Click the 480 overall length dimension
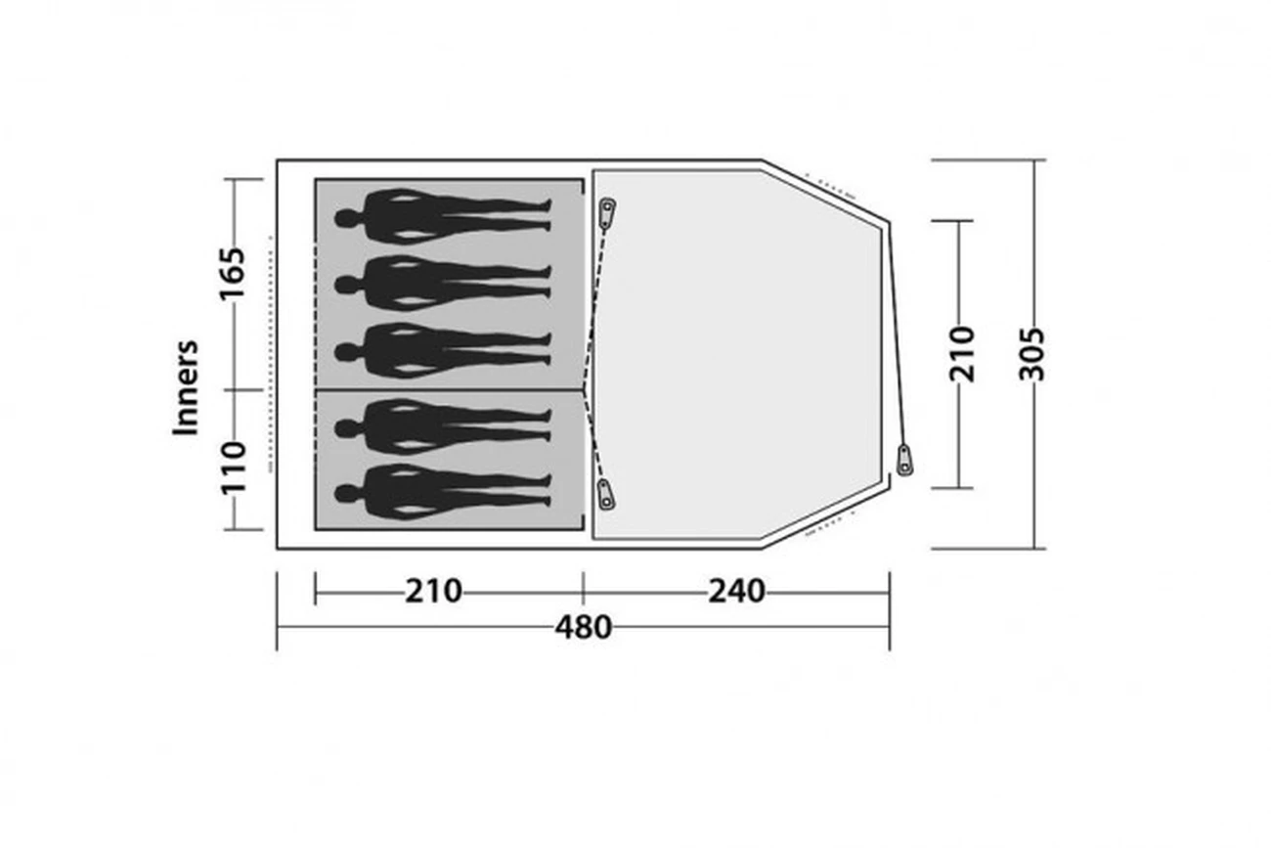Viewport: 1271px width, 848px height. (x=584, y=628)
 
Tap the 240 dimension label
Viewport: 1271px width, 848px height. (x=736, y=592)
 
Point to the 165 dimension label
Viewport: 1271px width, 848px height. (x=233, y=274)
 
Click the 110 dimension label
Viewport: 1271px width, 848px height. (x=234, y=468)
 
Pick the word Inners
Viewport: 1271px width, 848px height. (x=186, y=388)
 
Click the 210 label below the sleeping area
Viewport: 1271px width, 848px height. (x=433, y=592)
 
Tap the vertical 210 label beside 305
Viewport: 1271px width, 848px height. (x=962, y=354)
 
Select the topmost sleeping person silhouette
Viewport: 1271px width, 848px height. (x=443, y=217)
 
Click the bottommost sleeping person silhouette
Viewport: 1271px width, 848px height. (x=443, y=492)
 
